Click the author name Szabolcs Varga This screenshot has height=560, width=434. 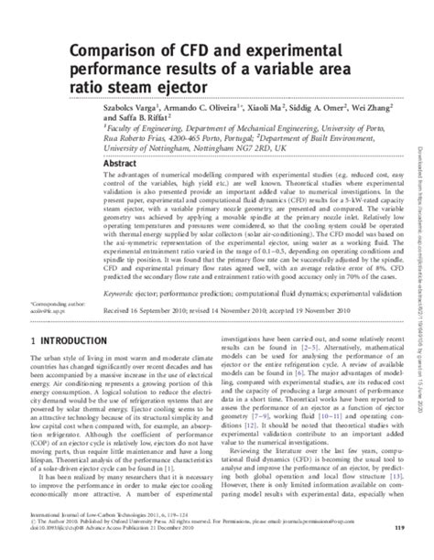pos(128,109)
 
